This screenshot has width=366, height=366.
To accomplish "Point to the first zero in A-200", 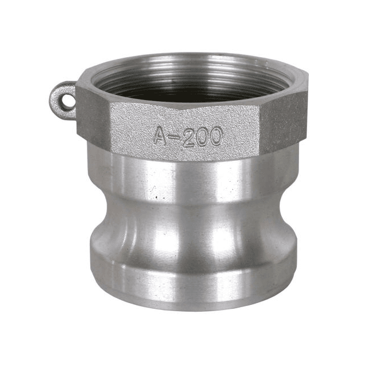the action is pyautogui.click(x=201, y=137).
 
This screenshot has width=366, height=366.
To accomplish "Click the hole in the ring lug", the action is pyautogui.click(x=67, y=102).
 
